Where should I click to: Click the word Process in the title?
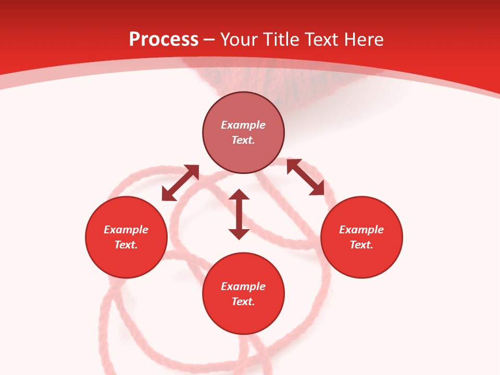(x=164, y=40)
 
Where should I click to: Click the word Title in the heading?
(x=281, y=40)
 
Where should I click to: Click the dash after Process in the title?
(x=209, y=41)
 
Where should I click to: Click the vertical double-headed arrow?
(x=239, y=215)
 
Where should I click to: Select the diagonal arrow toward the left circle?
(x=180, y=183)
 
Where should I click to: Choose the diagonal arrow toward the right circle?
(x=305, y=177)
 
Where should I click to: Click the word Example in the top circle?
(x=243, y=125)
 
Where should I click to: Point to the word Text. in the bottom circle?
(x=243, y=302)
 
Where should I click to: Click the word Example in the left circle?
(x=126, y=230)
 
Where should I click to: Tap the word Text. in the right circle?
(x=361, y=245)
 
